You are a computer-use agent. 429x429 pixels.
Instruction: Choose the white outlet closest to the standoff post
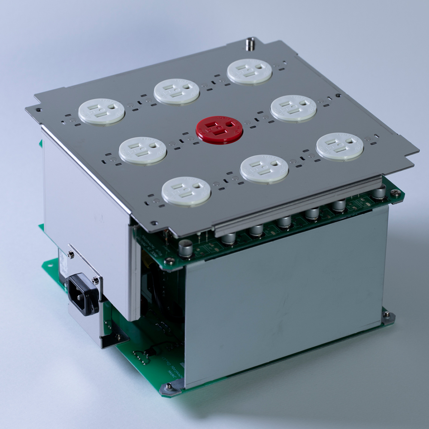point(249,71)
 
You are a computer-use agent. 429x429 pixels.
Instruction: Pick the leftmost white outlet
point(102,111)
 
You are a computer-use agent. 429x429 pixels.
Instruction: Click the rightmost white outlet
point(340,146)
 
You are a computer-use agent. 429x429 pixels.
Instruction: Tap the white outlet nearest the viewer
point(186,191)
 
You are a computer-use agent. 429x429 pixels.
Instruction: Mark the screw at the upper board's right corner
point(396,193)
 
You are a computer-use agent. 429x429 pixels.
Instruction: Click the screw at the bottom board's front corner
point(168,387)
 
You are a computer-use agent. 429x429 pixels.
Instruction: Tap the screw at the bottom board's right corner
point(387,316)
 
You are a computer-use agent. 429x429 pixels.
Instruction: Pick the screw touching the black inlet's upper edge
point(95,281)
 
